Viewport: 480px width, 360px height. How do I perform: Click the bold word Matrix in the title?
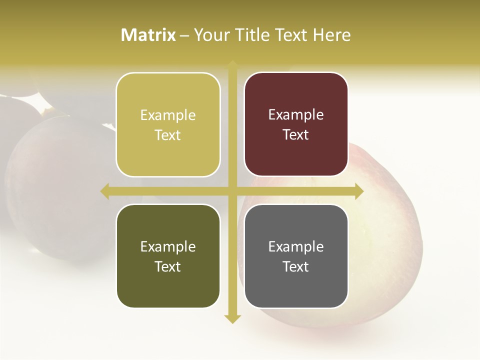(148, 35)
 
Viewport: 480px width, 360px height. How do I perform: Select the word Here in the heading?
(331, 35)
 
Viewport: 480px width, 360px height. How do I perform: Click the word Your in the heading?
(211, 35)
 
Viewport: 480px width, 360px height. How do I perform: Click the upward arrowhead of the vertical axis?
(232, 65)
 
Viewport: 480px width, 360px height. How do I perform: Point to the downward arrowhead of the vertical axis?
(232, 318)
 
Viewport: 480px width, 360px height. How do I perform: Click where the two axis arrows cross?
(232, 191)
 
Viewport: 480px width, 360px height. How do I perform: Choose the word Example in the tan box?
(168, 115)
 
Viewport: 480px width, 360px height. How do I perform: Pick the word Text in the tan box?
(168, 135)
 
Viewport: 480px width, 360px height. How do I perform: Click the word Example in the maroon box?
(296, 115)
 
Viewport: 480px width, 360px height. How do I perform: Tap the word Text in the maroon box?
(296, 134)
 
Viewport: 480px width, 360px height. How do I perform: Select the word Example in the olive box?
(168, 247)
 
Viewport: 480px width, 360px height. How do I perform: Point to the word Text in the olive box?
(168, 266)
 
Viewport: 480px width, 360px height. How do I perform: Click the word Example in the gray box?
(296, 247)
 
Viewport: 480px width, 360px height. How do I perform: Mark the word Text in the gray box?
(296, 266)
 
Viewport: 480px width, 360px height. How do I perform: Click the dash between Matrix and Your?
(184, 35)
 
